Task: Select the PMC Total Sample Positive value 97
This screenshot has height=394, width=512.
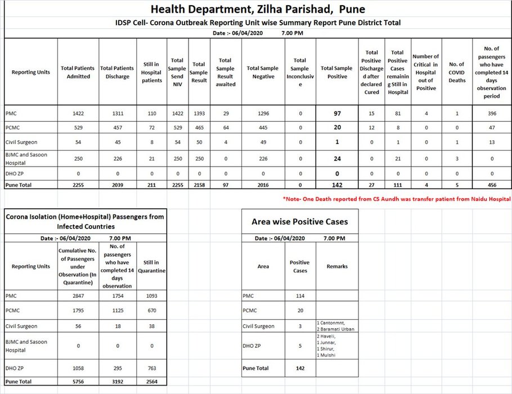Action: coord(337,113)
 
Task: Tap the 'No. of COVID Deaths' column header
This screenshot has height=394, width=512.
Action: coord(457,72)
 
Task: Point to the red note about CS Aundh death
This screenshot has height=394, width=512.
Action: coord(397,199)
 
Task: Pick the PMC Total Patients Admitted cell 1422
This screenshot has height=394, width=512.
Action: coord(78,113)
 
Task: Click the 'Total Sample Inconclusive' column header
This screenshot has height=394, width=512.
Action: coord(299,72)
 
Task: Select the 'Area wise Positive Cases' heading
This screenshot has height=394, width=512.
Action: coord(299,221)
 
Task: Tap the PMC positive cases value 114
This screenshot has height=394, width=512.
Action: coord(299,295)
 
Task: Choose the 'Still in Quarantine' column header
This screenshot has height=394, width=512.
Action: coord(151,266)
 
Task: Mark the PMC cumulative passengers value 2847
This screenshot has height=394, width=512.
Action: coord(78,295)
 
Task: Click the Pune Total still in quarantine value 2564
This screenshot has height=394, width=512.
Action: coord(151,381)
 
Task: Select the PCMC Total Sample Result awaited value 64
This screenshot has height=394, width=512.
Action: coord(225,127)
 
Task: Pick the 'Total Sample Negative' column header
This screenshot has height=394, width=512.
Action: coord(262,72)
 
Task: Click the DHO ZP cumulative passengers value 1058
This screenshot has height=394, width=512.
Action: coord(78,368)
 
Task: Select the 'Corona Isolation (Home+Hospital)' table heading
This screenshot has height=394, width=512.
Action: coord(85,221)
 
